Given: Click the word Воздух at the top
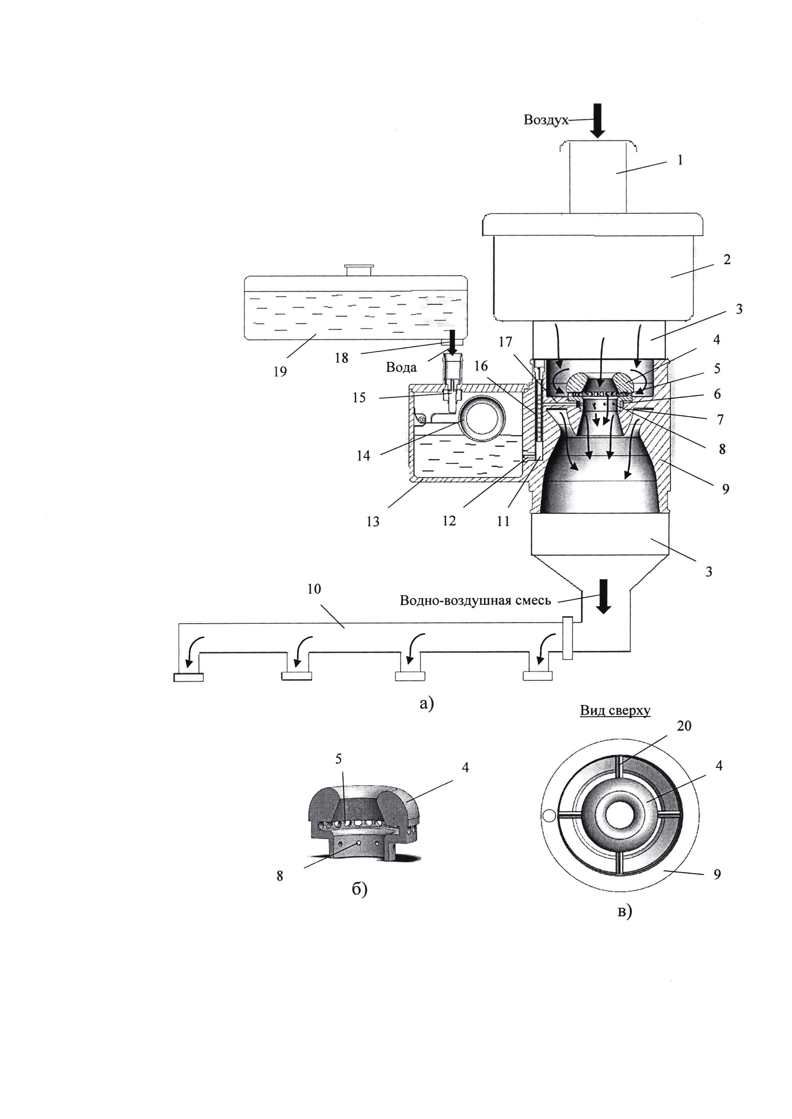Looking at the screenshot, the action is point(546,120).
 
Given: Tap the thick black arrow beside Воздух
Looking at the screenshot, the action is point(597,120).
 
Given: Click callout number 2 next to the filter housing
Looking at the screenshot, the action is point(727,260).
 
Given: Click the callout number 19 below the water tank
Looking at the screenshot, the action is point(280,372).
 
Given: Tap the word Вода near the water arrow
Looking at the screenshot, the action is point(401,368).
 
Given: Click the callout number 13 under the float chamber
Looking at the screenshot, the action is point(373,522).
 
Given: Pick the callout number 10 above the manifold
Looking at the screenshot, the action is point(314,589).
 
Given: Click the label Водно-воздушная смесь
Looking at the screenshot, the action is point(476,601).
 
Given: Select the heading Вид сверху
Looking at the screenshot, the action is point(615,711).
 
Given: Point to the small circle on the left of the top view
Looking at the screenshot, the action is point(549,815).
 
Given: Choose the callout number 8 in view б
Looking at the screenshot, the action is point(280,876).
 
